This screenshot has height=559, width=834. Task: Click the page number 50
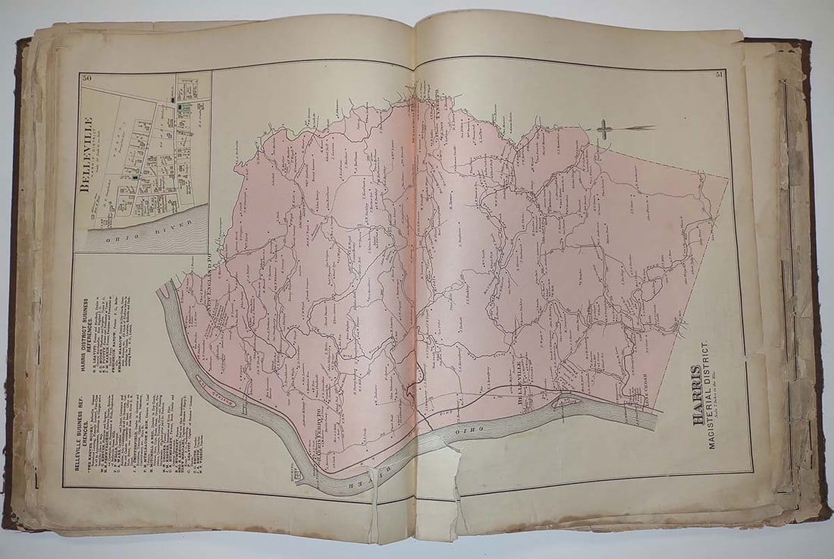click(x=86, y=78)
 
